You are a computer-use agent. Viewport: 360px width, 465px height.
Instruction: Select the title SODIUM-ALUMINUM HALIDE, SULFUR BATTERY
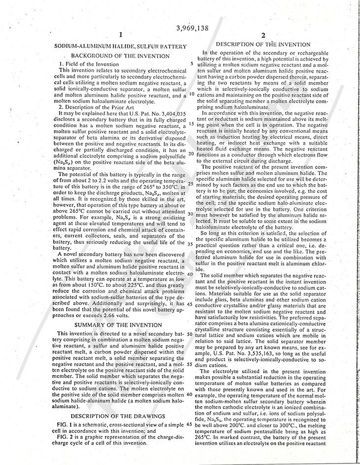120,46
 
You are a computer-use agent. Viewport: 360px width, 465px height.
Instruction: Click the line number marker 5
191,65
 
